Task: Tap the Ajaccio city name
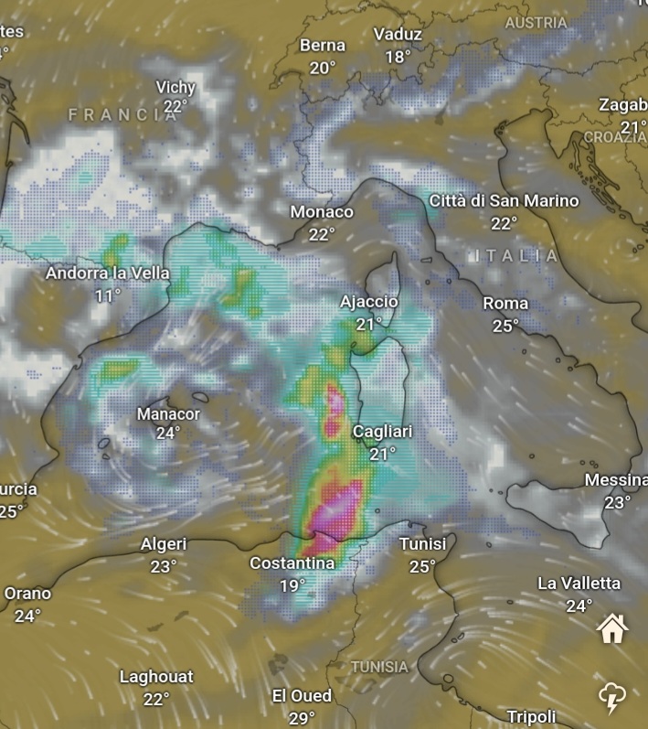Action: pos(369,302)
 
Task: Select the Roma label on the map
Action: pos(505,303)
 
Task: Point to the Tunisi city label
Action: pos(422,544)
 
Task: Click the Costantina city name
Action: pos(292,563)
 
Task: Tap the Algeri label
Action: pos(164,544)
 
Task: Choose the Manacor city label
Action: pos(168,413)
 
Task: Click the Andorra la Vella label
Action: pos(108,273)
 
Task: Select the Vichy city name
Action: pos(175,87)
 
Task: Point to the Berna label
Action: pos(323,45)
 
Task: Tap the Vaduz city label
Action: pos(398,35)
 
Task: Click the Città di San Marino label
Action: pos(504,200)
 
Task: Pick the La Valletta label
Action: pos(579,584)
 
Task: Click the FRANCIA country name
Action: pos(123,114)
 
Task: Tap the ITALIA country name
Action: pos(517,255)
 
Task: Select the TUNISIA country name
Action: pos(379,667)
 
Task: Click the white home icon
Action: pos(612,628)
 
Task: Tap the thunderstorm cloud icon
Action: pos(611,697)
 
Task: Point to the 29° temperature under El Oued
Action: pos(302,719)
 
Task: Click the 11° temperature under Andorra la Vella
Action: pos(108,295)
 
